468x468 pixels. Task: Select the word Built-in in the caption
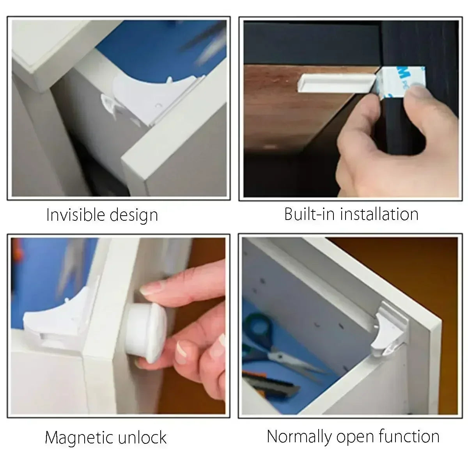pyautogui.click(x=308, y=214)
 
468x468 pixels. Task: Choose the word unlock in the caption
pyautogui.click(x=140, y=437)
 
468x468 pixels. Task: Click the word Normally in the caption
pyautogui.click(x=299, y=436)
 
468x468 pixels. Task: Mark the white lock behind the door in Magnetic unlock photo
pyautogui.click(x=51, y=320)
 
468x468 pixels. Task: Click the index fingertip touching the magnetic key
pyautogui.click(x=150, y=289)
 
